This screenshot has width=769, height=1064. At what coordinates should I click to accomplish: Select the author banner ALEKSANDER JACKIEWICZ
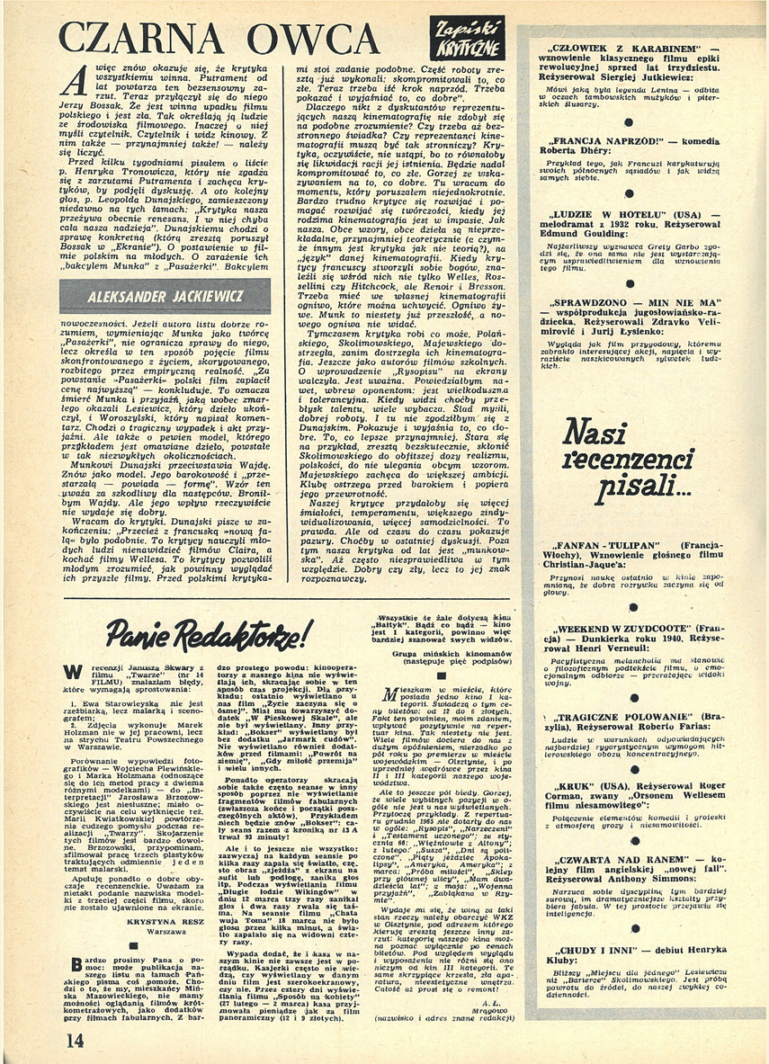coord(164,296)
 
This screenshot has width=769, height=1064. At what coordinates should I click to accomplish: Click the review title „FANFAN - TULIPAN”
coord(602,546)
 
